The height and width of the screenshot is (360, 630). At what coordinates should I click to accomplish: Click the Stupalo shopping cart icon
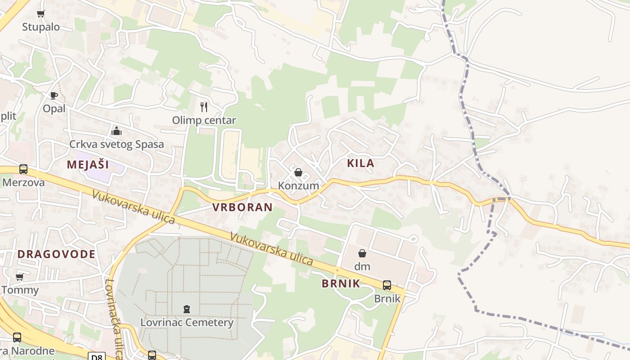click(41, 13)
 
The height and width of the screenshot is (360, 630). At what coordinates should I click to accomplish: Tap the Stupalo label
click(41, 27)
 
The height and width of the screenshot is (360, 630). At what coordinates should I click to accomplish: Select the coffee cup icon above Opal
click(54, 95)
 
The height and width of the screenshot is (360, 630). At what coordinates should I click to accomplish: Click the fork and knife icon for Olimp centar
click(204, 107)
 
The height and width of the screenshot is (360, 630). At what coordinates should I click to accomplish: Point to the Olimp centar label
click(204, 121)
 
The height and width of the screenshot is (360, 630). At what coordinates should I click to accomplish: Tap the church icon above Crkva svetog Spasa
click(117, 131)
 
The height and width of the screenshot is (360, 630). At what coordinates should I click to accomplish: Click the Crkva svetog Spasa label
click(117, 144)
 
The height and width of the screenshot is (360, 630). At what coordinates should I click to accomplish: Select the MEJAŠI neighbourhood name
click(88, 164)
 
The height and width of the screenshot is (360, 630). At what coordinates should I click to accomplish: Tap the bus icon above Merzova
click(23, 169)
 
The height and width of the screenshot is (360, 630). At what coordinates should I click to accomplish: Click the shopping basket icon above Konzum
click(298, 172)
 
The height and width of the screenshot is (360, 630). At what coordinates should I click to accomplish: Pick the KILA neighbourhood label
click(360, 163)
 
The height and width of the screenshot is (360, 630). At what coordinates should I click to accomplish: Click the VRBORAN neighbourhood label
click(242, 207)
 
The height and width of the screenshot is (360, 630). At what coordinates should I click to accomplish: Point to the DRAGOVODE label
click(57, 254)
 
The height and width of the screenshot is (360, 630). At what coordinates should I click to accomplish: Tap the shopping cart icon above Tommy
click(19, 277)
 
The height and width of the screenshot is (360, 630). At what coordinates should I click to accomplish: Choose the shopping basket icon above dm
click(362, 253)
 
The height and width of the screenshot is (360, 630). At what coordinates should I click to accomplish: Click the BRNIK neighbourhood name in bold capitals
click(341, 283)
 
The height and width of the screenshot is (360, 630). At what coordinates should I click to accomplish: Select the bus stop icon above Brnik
click(387, 285)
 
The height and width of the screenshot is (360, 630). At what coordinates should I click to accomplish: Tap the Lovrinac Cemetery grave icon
click(187, 309)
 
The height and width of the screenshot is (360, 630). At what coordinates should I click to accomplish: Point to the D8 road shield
click(96, 356)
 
